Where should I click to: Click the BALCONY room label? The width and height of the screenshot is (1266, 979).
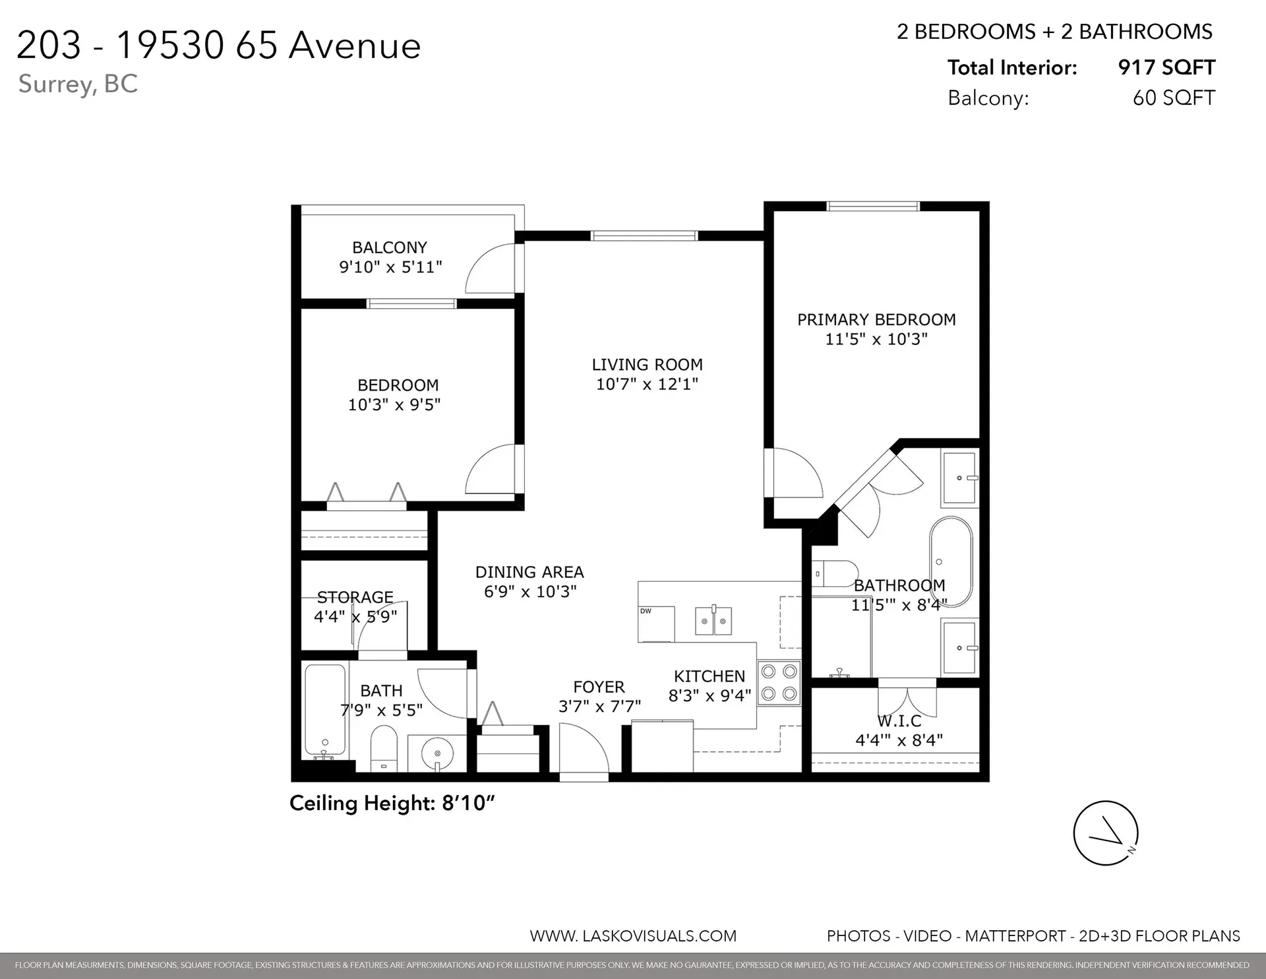click(389, 247)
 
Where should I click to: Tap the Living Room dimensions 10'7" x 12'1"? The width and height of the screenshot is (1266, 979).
click(647, 384)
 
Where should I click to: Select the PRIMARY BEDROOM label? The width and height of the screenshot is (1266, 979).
click(876, 320)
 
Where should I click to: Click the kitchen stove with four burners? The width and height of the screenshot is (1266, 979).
click(779, 683)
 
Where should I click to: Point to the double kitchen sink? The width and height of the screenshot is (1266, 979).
click(713, 621)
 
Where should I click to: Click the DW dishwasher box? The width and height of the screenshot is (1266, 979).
click(656, 623)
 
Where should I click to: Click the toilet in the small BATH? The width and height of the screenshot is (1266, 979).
click(384, 749)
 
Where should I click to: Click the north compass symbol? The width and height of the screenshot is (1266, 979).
click(1106, 833)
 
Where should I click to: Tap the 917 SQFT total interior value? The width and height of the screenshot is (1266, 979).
click(1166, 67)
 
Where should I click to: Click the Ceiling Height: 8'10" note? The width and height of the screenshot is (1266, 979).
click(392, 803)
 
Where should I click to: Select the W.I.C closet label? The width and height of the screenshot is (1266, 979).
click(899, 721)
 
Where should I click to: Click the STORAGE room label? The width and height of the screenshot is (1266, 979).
click(355, 597)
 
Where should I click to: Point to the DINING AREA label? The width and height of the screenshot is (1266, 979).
click(529, 572)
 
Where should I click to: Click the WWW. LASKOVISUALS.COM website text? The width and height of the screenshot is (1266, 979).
click(633, 935)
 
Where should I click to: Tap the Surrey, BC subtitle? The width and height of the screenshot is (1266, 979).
click(78, 84)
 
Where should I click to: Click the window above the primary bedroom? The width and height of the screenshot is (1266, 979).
click(873, 206)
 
